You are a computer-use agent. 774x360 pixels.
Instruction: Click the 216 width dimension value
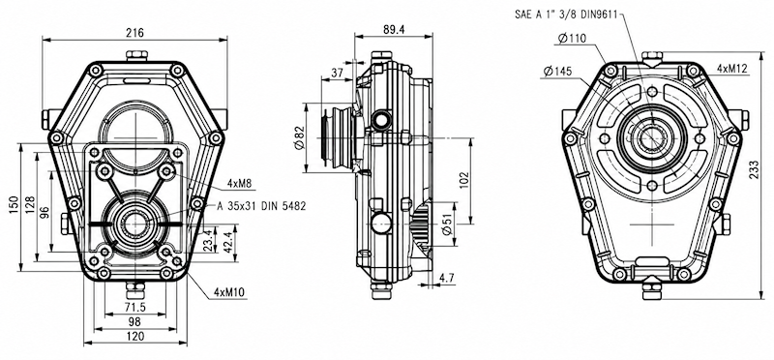point(134,33)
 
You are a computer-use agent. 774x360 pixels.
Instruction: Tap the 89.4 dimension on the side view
point(394,30)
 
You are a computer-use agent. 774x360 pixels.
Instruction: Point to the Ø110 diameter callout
point(572,38)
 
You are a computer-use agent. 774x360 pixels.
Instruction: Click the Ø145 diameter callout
point(558,72)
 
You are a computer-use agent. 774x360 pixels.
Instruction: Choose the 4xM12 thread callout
point(732,69)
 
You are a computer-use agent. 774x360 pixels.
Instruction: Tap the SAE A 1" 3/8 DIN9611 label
point(566,15)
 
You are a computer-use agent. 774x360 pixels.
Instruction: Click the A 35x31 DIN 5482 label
point(261,206)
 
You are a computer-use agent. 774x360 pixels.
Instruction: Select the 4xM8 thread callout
point(239,184)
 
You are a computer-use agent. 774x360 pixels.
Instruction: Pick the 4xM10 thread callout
point(230,292)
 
